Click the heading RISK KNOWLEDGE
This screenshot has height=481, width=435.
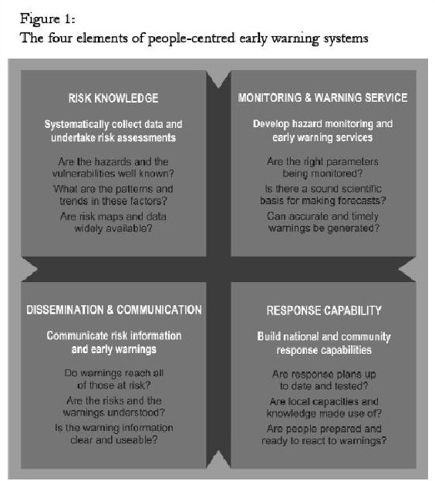coord(113,98)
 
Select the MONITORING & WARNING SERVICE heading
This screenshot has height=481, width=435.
coord(322,98)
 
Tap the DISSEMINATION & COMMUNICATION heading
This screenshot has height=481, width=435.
coord(114,310)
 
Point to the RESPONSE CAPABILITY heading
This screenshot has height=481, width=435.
coord(324,311)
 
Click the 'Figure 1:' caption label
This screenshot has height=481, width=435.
coord(48,19)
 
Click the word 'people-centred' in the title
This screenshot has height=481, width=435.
coord(191,39)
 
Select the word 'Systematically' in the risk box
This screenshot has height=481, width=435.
coord(76,125)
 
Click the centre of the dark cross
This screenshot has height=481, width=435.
coord(218,269)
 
